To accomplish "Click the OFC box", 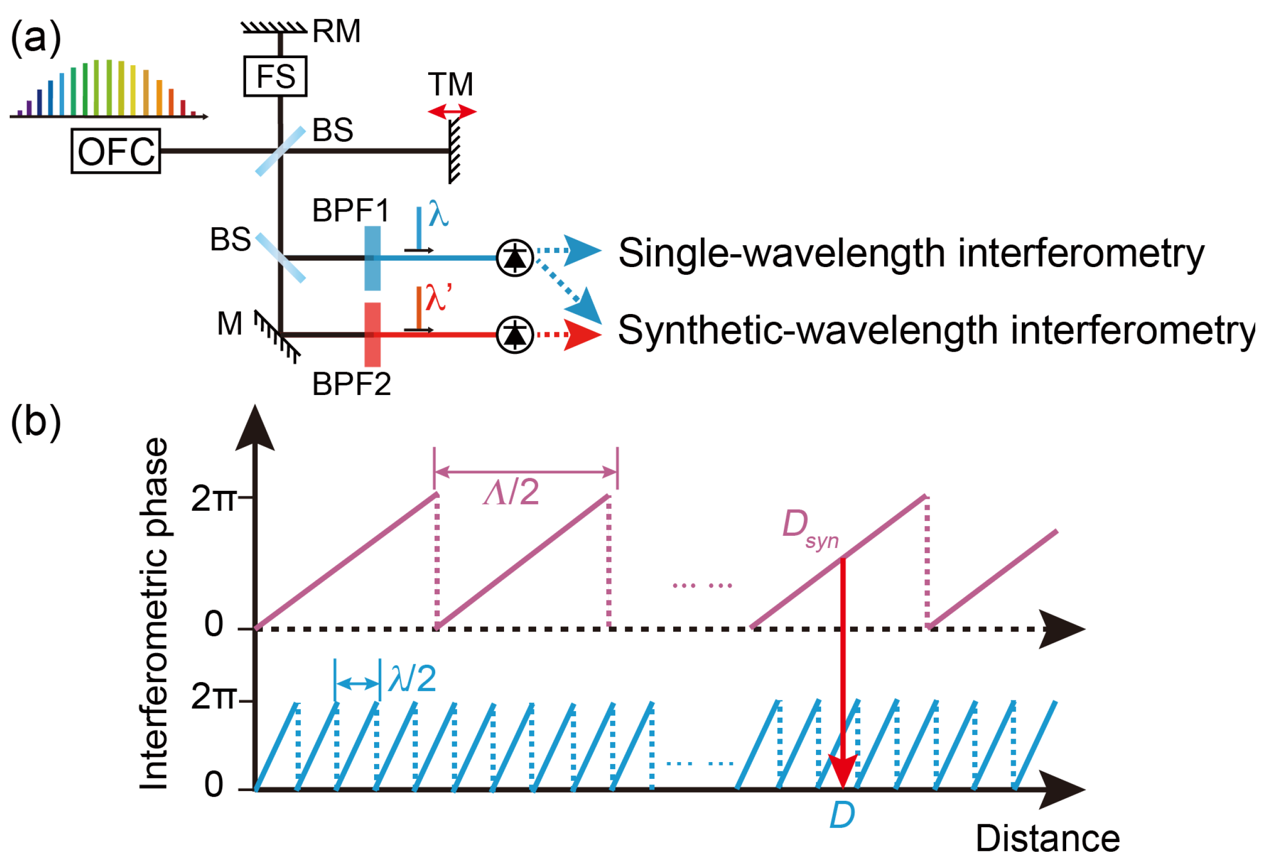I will (116, 151).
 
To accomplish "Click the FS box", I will (276, 76).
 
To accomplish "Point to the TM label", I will (451, 85).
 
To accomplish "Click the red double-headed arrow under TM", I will (452, 113).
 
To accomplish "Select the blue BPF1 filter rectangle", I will (373, 258).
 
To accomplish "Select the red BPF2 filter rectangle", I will (373, 334).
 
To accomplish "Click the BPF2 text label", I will (351, 384).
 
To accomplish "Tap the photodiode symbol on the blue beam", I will (515, 257).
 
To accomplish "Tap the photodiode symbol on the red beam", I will (515, 334).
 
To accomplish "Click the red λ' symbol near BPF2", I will (438, 298).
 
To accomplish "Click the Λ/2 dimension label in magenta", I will (511, 492).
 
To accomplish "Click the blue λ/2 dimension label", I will (412, 679).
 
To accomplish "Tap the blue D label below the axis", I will (842, 816).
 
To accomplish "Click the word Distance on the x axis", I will (1047, 839).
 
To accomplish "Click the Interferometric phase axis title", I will (154, 614).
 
